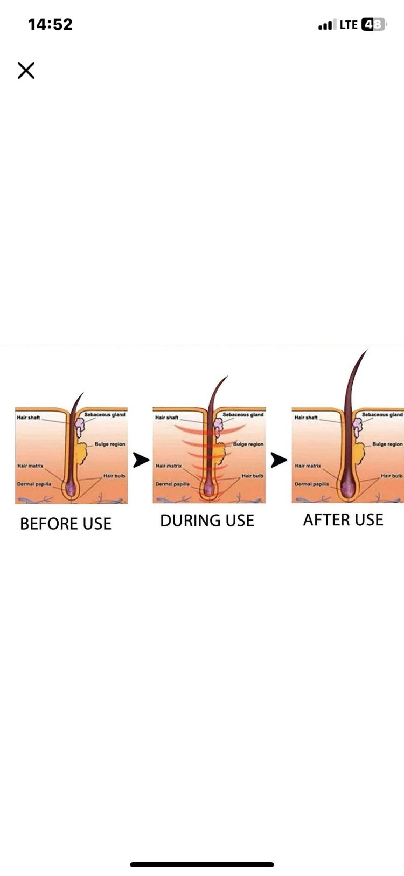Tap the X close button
26,70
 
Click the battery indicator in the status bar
374,25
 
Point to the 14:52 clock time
51,24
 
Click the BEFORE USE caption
66,524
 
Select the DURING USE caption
207,521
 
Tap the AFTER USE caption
344,520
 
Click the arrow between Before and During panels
141,460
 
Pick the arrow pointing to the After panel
279,460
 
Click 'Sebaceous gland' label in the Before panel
105,414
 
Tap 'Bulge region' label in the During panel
248,444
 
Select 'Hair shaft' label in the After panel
306,418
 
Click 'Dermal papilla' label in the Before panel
34,484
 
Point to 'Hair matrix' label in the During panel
169,466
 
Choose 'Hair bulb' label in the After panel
392,476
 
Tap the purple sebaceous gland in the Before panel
80,427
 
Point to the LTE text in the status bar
349,25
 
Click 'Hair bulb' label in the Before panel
114,476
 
